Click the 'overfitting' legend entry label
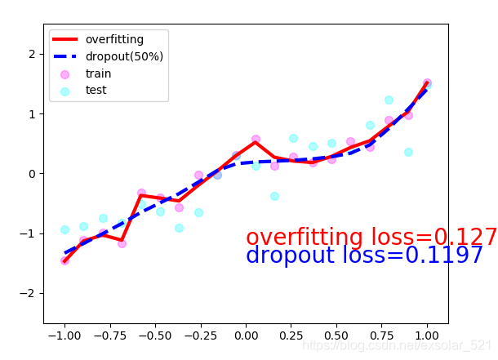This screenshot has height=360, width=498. tap(114, 39)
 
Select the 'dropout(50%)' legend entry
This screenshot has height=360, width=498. tap(124, 56)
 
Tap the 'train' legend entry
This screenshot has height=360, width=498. tap(98, 73)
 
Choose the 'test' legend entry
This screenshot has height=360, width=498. tap(96, 91)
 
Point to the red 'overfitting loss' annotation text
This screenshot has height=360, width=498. tap(371, 238)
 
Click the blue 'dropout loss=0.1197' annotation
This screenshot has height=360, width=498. tap(365, 256)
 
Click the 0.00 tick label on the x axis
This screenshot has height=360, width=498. tap(246, 336)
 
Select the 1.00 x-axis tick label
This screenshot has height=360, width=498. tap(427, 336)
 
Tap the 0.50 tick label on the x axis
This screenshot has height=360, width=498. tap(336, 336)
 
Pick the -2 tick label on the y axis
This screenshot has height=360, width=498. tap(32, 293)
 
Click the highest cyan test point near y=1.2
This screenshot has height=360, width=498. tap(389, 100)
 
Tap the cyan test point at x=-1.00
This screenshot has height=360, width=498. tap(64, 229)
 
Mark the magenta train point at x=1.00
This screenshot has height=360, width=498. tap(427, 83)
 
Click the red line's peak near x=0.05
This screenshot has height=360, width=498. tap(256, 142)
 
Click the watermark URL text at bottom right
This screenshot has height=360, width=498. tap(398, 346)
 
